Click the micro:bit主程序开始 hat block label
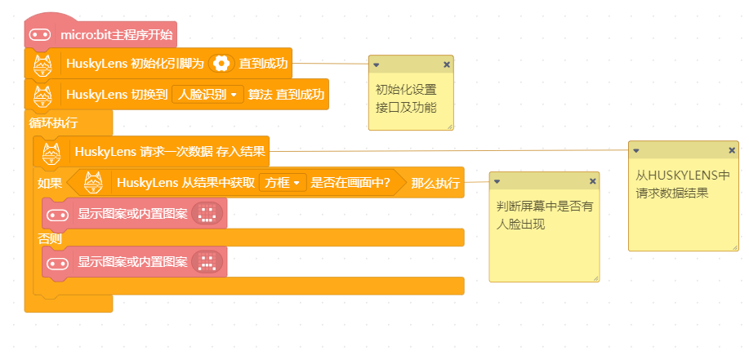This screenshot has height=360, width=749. [x=117, y=35]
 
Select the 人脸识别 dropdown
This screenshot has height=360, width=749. [x=207, y=94]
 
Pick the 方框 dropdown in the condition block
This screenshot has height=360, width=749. [x=283, y=182]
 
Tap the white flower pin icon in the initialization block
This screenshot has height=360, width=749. [x=221, y=63]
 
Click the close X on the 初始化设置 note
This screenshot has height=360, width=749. [x=447, y=64]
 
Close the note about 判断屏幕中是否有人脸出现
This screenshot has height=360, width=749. [x=593, y=181]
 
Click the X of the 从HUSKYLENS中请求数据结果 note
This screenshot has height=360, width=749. [x=732, y=150]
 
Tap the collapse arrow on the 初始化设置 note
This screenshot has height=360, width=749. [x=376, y=64]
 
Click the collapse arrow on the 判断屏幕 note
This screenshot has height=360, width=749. [x=497, y=181]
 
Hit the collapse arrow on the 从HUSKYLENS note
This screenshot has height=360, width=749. [x=635, y=150]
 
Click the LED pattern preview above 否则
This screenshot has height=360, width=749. [x=207, y=213]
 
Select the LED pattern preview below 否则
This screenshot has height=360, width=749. [x=207, y=262]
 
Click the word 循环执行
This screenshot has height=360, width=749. [x=54, y=123]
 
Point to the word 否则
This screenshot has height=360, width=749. [x=50, y=238]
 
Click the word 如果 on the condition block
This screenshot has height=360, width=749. [x=50, y=183]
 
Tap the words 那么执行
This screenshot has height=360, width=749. [x=435, y=183]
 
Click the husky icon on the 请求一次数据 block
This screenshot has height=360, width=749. [x=51, y=153]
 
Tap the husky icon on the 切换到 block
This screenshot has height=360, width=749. [x=43, y=96]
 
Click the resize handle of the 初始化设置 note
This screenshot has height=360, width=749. [x=449, y=127]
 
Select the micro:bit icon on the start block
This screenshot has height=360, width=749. [x=40, y=35]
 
